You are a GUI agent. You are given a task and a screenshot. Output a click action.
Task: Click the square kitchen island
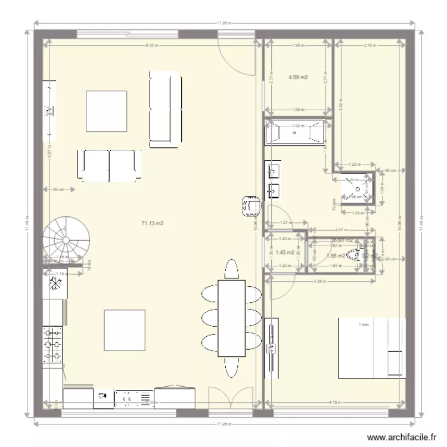point(125,330)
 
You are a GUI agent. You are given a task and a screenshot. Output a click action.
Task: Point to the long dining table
point(231,318)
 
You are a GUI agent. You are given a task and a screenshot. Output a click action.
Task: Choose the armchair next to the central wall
point(251,206)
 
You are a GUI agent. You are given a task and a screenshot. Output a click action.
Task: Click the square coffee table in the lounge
point(106,111)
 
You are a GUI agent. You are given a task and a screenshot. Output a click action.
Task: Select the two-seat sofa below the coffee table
point(110,165)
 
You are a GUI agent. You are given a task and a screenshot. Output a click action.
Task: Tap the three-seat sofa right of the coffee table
point(164,108)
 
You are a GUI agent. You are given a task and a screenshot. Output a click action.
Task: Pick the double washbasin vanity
point(274,181)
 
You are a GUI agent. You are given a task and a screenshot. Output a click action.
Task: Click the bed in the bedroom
point(371,348)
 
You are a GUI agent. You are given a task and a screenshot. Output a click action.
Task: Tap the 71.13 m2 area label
point(152,223)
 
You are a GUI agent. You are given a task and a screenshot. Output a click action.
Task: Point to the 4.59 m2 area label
point(297,77)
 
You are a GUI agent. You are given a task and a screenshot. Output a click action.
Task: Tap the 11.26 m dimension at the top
point(223,23)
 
